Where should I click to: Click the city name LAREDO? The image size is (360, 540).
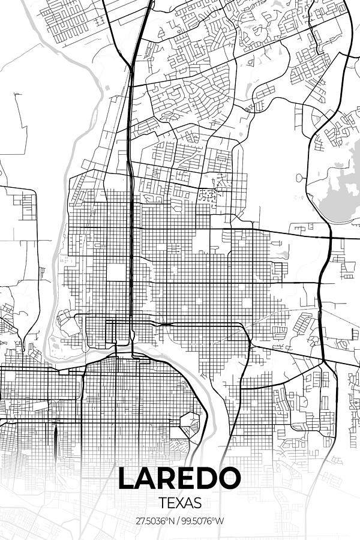click(x=179, y=478)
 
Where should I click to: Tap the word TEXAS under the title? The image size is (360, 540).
click(x=180, y=502)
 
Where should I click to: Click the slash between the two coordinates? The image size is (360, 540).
click(x=180, y=521)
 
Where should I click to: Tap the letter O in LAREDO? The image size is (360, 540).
click(x=229, y=478)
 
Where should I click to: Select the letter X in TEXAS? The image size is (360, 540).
click(x=180, y=502)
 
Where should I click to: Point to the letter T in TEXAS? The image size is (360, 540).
click(x=163, y=502)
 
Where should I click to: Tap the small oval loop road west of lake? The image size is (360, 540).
click(x=298, y=178)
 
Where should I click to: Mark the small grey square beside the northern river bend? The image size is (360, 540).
click(x=106, y=89)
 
